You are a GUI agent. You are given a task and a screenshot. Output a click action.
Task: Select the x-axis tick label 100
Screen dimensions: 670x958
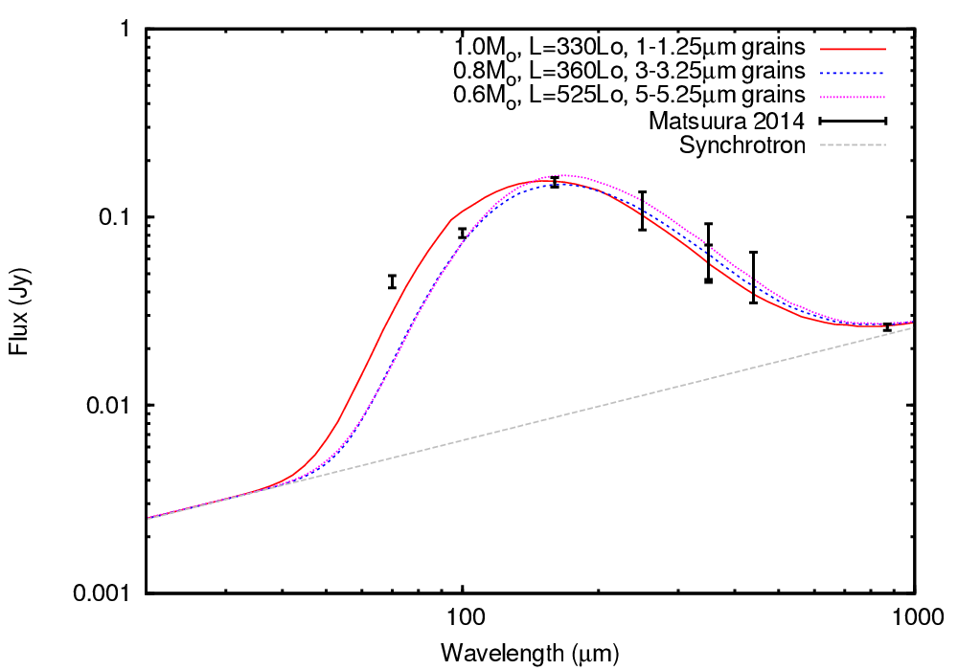[463, 618]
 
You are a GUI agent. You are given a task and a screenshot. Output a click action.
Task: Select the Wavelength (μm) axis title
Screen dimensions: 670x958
[530, 655]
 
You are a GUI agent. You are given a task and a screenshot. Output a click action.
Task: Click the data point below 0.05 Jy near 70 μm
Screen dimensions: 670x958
[392, 281]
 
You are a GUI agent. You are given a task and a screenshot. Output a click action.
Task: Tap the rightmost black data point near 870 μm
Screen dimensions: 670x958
[887, 327]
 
